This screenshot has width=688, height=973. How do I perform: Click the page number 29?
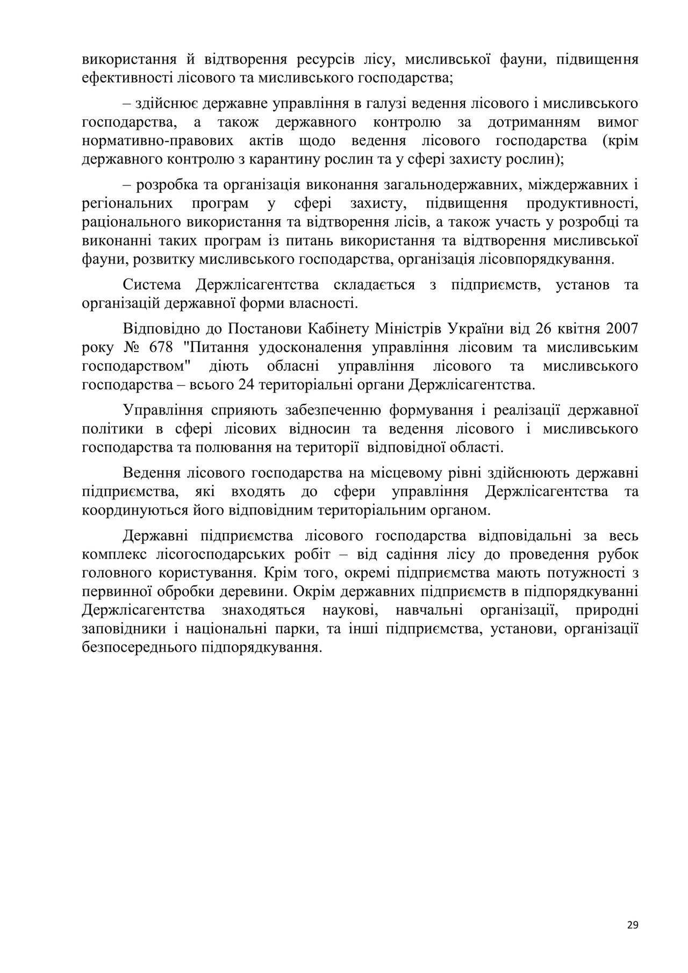632,925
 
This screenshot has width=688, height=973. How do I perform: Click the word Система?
151,284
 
